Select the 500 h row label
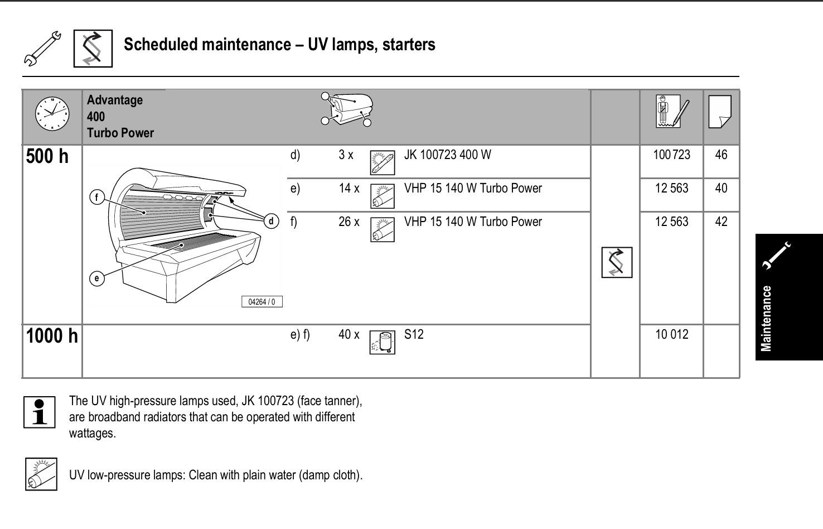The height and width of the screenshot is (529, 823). pos(47,157)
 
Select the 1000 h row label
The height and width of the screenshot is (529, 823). pos(52,336)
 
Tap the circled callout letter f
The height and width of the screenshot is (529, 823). pos(97,197)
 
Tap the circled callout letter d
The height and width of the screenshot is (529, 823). pos(272,222)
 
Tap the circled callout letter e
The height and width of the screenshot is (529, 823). pos(97,278)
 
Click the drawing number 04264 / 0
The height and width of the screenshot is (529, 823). pos(262,302)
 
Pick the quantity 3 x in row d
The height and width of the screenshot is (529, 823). pos(346,155)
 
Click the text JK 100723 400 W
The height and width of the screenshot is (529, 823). pos(447,155)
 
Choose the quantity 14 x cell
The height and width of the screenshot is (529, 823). pos(349,189)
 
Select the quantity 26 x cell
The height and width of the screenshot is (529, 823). pos(349,222)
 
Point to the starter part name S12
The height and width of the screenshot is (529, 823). pos(414,335)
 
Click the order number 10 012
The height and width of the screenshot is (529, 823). pos(671,335)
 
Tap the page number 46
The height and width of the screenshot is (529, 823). pos(721,155)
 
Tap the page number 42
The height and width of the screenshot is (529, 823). pos(721,222)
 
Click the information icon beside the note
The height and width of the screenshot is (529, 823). pos(39,412)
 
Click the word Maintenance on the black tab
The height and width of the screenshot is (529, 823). pos(767,318)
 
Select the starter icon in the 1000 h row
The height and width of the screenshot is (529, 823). pos(382,342)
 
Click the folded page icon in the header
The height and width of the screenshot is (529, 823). pos(719,112)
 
